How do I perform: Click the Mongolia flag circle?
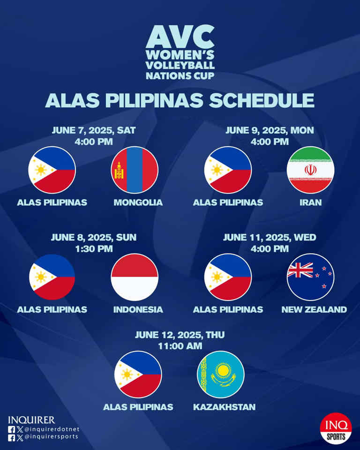pyautogui.click(x=135, y=170)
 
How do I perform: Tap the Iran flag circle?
pyautogui.click(x=310, y=170)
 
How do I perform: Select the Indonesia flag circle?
pyautogui.click(x=135, y=277)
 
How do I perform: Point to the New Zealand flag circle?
pyautogui.click(x=310, y=277)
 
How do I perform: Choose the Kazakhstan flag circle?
pyautogui.click(x=221, y=374)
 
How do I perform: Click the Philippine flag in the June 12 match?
pyautogui.click(x=138, y=374)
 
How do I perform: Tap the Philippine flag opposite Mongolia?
pyautogui.click(x=52, y=170)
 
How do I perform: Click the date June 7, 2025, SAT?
pyautogui.click(x=94, y=130)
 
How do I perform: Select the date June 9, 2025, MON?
pyautogui.click(x=270, y=130)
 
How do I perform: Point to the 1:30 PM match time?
pyautogui.click(x=94, y=248)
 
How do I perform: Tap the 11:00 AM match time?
pyautogui.click(x=180, y=346)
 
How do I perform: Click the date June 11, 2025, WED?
pyautogui.click(x=270, y=237)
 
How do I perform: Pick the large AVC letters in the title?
pyautogui.click(x=180, y=37)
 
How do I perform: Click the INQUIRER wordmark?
pyautogui.click(x=31, y=420)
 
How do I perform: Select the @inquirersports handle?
pyautogui.click(x=51, y=437)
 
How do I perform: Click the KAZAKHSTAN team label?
pyautogui.click(x=225, y=407)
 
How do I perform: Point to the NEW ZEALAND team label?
pyautogui.click(x=314, y=309)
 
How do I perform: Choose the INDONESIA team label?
pyautogui.click(x=138, y=309)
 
